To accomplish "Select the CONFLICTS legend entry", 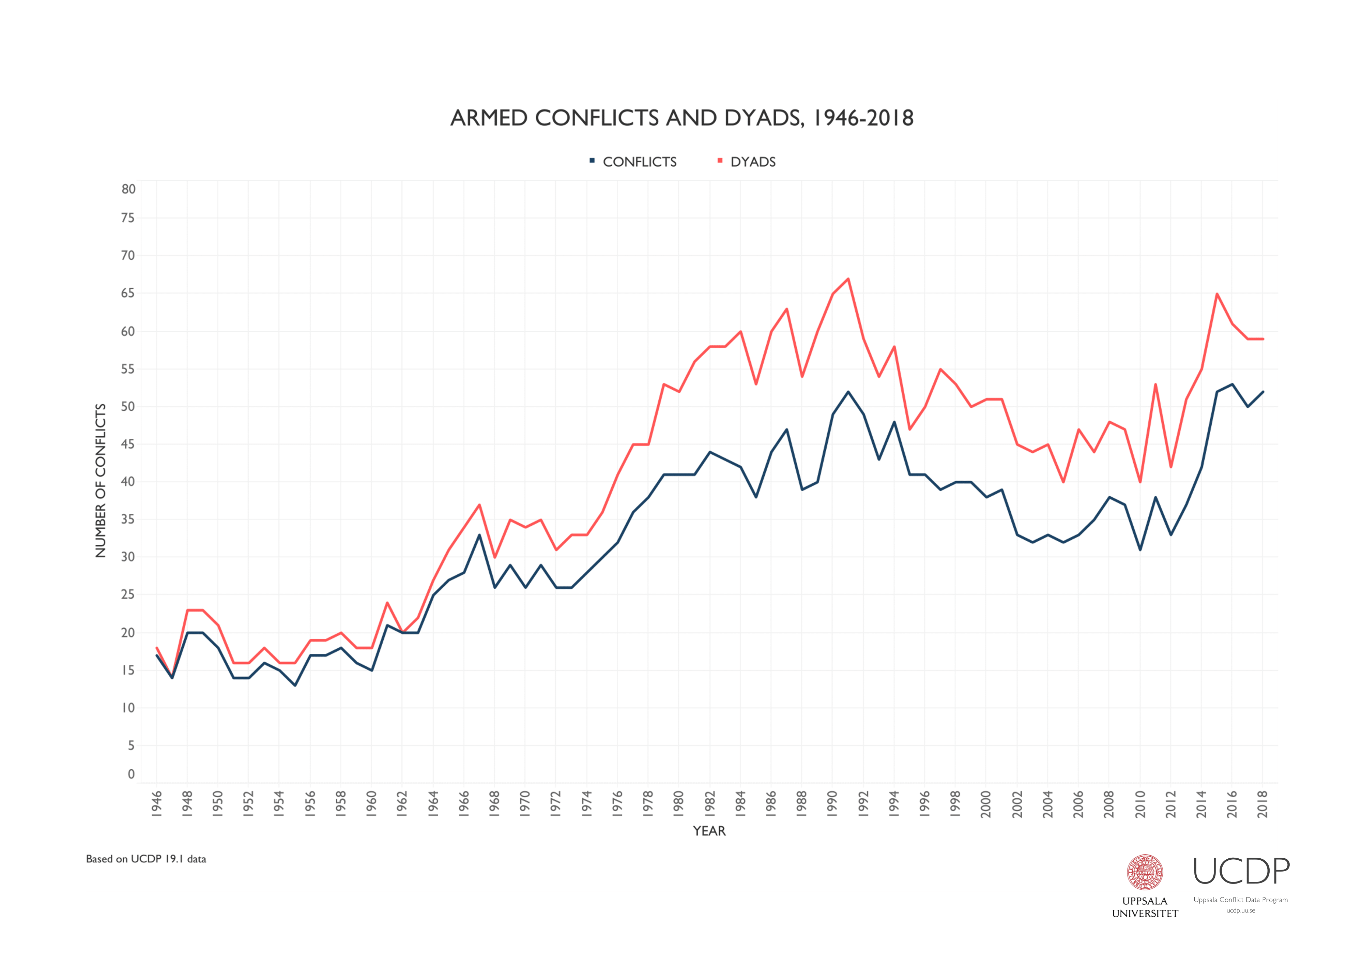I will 639,162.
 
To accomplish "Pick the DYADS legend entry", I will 752,162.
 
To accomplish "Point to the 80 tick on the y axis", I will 128,189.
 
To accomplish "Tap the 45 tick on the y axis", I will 128,444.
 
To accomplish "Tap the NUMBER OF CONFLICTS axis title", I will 100,481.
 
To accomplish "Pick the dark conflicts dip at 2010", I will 1140,549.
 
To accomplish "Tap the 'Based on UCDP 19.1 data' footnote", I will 146,859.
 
